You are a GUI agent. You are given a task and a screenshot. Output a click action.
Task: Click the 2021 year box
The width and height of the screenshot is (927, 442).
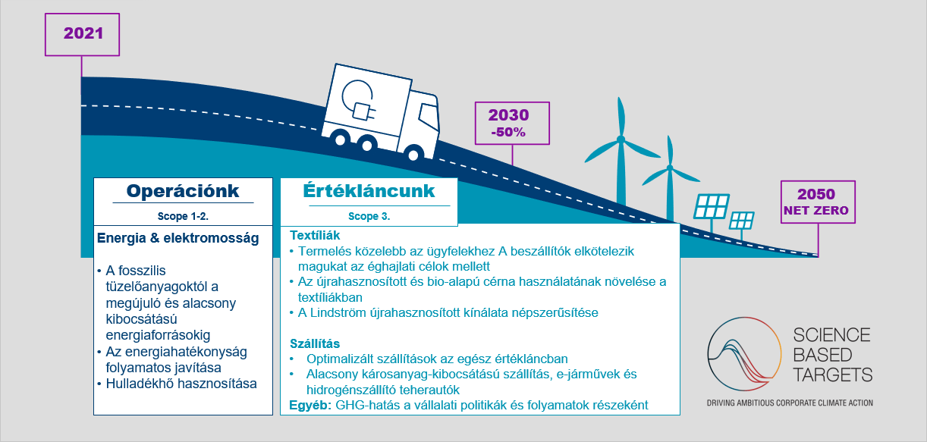83,34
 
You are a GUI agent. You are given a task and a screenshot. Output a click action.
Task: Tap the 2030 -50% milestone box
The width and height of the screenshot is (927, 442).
512,124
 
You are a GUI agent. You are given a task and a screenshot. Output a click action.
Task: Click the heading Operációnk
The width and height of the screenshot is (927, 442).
183,191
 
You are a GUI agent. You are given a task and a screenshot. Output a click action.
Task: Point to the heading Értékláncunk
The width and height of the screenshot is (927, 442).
369,191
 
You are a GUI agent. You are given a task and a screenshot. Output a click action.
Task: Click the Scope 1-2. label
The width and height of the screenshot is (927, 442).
183,216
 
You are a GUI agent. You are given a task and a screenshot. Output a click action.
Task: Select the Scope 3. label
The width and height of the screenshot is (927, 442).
369,216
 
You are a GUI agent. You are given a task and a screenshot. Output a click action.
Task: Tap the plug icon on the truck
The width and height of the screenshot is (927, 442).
363,111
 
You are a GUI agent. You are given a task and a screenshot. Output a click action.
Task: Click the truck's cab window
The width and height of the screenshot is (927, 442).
429,117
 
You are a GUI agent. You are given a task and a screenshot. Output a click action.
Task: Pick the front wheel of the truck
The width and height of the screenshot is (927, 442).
413,155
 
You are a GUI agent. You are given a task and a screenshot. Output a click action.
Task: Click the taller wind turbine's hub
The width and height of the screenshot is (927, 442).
621,139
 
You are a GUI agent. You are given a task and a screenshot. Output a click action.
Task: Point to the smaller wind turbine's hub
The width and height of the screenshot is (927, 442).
670,168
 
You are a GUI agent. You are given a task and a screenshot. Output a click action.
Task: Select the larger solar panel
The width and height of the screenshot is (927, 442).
712,206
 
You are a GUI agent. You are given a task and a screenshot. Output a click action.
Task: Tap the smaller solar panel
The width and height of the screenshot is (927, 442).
742,221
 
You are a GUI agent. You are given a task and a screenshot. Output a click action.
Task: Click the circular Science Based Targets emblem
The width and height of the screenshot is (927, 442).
744,354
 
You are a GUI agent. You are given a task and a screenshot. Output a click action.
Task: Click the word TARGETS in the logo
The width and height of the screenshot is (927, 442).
833,375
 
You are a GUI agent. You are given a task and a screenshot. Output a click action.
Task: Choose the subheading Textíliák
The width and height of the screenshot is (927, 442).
315,235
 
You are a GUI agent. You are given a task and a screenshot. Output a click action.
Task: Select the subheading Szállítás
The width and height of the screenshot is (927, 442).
315,343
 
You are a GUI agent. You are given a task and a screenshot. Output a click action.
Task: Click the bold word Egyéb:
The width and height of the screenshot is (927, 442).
310,405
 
